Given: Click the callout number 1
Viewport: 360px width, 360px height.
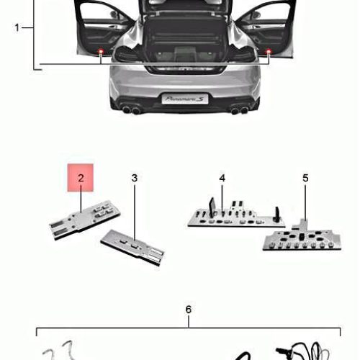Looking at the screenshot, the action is click(x=17, y=27).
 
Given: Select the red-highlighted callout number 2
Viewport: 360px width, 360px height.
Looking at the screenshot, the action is click(x=81, y=178).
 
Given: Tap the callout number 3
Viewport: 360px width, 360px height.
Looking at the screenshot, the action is click(x=135, y=178).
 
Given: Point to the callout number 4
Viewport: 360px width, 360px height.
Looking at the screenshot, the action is click(x=222, y=178).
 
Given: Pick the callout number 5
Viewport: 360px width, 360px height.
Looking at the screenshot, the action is click(x=305, y=178).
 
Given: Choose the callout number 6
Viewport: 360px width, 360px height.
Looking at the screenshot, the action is click(x=189, y=310).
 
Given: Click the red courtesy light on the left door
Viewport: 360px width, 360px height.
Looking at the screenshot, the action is click(x=101, y=51).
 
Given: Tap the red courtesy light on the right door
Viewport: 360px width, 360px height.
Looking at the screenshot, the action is click(x=269, y=51).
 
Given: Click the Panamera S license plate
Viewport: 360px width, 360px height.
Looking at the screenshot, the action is click(x=185, y=99).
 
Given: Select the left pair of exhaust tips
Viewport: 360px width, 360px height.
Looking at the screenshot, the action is click(x=131, y=110).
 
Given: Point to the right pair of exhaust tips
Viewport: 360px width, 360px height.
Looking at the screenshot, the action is click(x=239, y=110).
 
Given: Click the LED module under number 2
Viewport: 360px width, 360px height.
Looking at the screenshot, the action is click(x=84, y=220).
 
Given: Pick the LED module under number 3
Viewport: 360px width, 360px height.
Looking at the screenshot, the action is click(x=132, y=248).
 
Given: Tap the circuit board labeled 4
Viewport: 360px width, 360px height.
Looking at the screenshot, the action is click(x=236, y=215).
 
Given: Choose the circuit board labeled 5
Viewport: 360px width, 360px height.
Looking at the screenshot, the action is click(x=302, y=237).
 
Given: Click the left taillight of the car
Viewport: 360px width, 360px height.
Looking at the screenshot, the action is click(x=127, y=54).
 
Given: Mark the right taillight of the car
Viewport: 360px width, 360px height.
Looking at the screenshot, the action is click(x=243, y=54).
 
